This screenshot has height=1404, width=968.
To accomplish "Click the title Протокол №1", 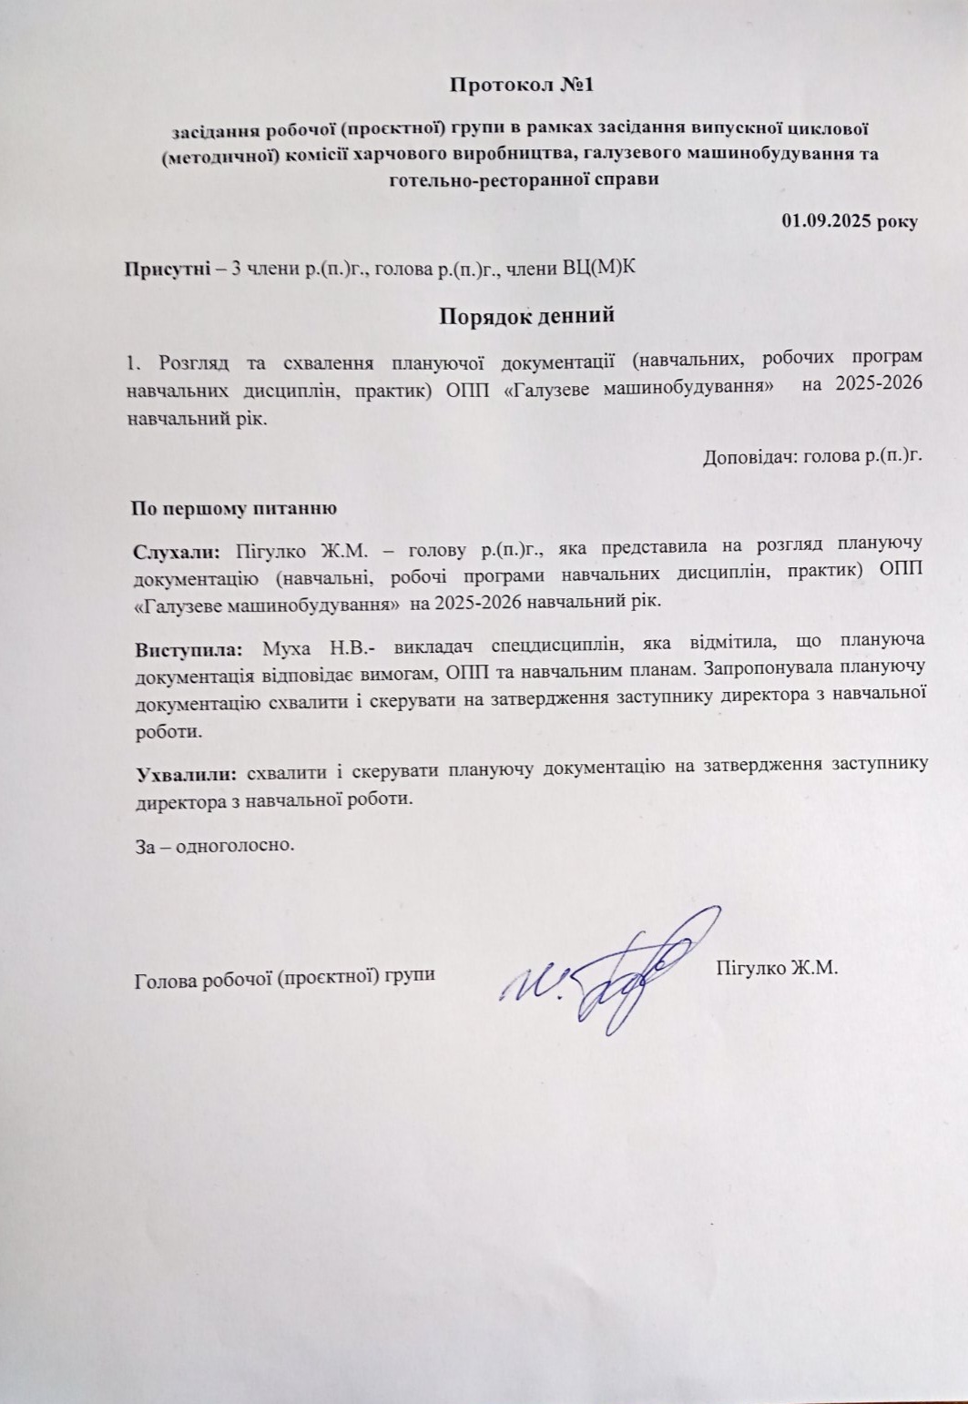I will pyautogui.click(x=523, y=86).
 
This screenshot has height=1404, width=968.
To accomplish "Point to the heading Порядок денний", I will pyautogui.click(x=526, y=316).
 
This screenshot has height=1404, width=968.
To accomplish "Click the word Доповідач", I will pyautogui.click(x=746, y=458).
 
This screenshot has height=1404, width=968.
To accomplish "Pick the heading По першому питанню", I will pyautogui.click(x=235, y=508).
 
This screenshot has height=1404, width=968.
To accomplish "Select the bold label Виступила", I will pyautogui.click(x=189, y=650).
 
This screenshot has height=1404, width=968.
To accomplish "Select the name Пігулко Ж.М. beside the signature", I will pyautogui.click(x=777, y=966).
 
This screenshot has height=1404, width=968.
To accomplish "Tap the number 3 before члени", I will pyautogui.click(x=239, y=269).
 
